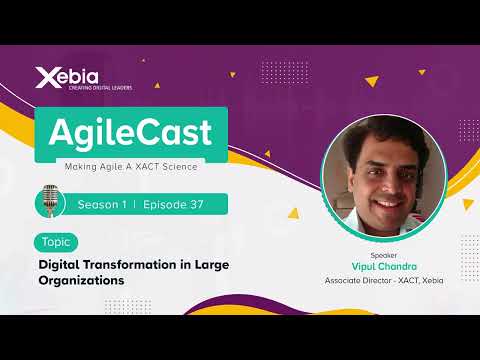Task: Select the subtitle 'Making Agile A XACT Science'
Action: [x=129, y=164]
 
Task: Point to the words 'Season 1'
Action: [x=102, y=204]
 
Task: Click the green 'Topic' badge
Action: [x=54, y=242]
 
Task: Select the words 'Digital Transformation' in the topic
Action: [x=107, y=265]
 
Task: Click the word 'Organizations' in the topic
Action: [x=81, y=281]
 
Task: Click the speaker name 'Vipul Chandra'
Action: [x=384, y=267]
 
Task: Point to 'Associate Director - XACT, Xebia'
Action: [x=384, y=281]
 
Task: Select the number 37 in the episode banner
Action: [x=196, y=204]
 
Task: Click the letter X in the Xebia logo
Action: [x=43, y=75]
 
